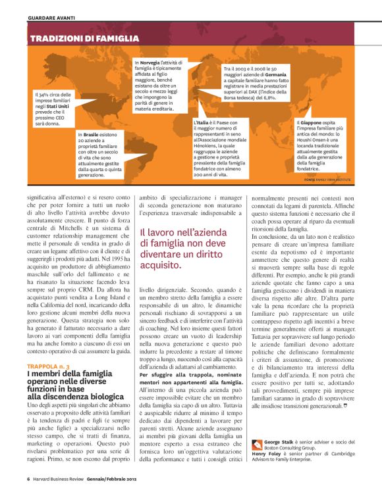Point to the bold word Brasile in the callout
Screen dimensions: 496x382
click(x=91, y=136)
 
